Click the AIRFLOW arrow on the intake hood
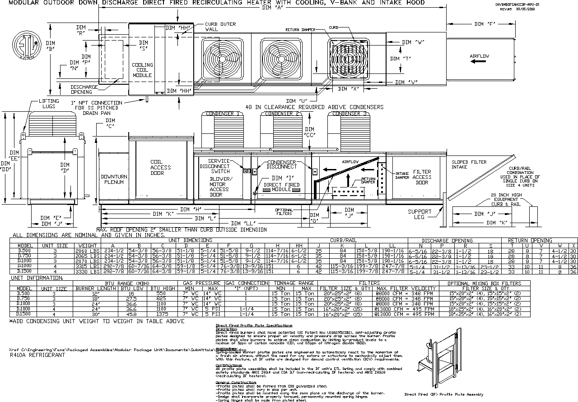[x=479, y=62]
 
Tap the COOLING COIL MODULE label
[x=142, y=70]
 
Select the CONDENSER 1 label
[x=223, y=114]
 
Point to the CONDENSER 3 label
[x=349, y=114]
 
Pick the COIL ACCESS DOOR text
[x=161, y=167]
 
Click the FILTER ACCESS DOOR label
[x=422, y=177]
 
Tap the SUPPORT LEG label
[x=420, y=214]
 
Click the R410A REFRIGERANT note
[x=37, y=355]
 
